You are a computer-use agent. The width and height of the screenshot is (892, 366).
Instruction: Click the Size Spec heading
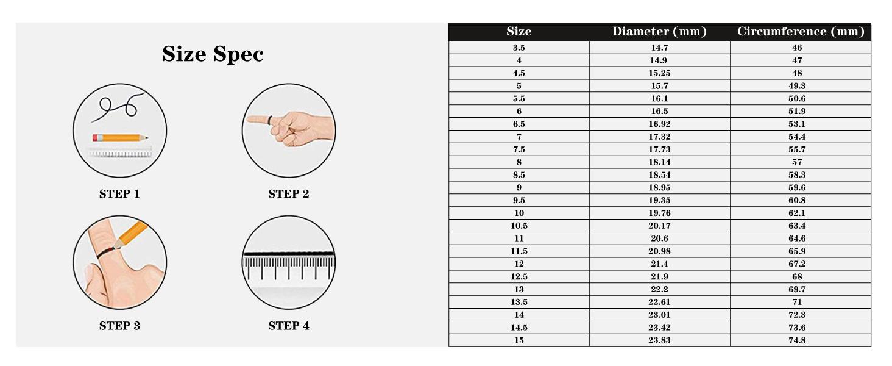point(213,54)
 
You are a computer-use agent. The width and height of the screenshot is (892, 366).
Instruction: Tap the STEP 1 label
point(119,194)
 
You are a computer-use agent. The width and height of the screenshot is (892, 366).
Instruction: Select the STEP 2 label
point(288,194)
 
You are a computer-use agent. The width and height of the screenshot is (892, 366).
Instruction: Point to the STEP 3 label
point(119,326)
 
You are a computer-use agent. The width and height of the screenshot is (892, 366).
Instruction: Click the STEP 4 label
point(288,326)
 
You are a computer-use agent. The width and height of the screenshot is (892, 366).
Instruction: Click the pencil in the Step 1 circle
point(120,138)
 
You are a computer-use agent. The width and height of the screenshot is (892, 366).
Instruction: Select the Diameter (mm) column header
point(659,32)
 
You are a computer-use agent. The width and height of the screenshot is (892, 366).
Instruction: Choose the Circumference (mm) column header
point(800,32)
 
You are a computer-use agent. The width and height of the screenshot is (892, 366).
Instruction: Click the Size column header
point(519,32)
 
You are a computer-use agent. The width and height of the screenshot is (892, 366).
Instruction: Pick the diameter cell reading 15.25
point(659,73)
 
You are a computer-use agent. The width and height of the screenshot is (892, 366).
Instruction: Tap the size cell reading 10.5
point(519,226)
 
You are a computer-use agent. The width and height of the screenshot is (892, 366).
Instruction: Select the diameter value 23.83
point(659,340)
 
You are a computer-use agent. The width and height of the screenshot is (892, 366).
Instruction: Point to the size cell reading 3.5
point(519,48)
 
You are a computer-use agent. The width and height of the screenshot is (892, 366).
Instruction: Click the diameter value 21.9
point(659,276)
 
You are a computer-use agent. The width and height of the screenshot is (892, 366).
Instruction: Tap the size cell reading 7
point(519,137)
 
